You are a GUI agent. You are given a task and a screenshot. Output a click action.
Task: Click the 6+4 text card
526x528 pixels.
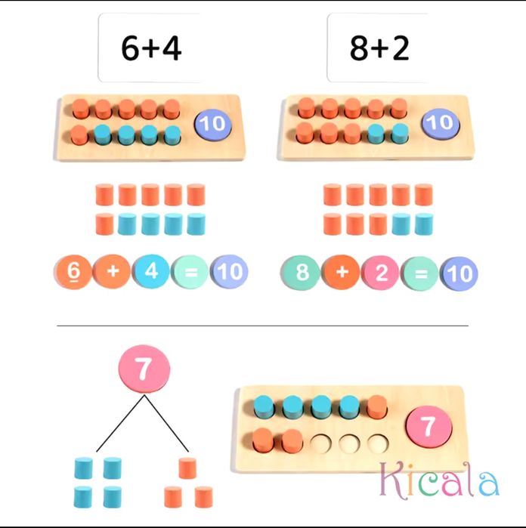tap(150, 48)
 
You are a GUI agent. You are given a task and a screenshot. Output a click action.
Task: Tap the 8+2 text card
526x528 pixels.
tap(378, 48)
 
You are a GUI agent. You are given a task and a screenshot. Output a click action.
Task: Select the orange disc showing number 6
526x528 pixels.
tap(73, 271)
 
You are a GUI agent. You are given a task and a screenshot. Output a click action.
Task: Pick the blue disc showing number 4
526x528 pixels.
tap(152, 271)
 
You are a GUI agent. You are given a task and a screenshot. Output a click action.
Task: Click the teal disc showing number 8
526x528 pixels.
tap(301, 273)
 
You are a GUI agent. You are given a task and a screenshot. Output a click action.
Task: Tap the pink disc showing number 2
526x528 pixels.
tap(381, 273)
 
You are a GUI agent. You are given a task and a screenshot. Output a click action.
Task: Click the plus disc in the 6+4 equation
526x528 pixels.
tap(112, 271)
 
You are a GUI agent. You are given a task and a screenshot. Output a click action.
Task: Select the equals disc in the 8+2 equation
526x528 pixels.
tap(420, 273)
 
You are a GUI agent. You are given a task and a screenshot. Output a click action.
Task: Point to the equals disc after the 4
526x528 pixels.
tap(190, 272)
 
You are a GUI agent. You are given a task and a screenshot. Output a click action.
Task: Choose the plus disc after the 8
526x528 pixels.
tap(341, 272)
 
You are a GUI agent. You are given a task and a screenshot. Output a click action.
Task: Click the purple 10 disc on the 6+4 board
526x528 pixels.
tap(212, 124)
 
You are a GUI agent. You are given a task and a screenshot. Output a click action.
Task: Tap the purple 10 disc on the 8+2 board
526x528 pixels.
tap(440, 123)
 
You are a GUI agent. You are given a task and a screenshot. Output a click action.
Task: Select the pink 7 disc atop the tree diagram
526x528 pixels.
tap(144, 369)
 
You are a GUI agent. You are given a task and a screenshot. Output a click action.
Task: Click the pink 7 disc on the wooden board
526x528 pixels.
tap(429, 426)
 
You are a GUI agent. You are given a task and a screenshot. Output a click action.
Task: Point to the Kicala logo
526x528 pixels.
tap(439, 479)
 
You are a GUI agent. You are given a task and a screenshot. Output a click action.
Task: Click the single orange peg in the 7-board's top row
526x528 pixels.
tap(376, 407)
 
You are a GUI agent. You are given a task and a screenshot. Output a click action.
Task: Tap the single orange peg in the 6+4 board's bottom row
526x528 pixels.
tap(80, 135)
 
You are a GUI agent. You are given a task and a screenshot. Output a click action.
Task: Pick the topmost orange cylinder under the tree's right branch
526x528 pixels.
tap(187, 468)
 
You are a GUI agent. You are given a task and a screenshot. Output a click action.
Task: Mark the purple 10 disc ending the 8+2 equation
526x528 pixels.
tap(460, 273)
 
